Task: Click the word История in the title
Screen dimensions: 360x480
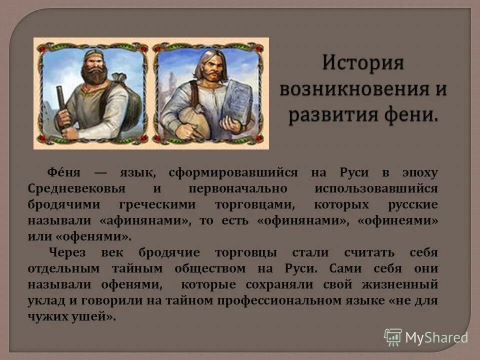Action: click(363, 64)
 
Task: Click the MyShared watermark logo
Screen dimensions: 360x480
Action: click(426, 337)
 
